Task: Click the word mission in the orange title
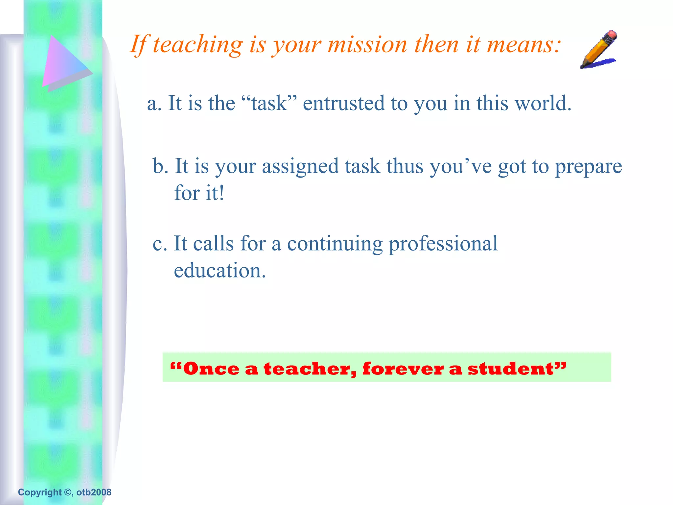click(367, 44)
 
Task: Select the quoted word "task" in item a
click(269, 103)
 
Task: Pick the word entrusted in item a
click(343, 103)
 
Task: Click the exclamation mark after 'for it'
click(222, 193)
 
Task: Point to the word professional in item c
click(443, 244)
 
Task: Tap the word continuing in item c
click(335, 244)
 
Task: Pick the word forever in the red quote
click(403, 369)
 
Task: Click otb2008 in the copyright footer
click(94, 492)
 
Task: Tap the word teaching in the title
click(197, 44)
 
